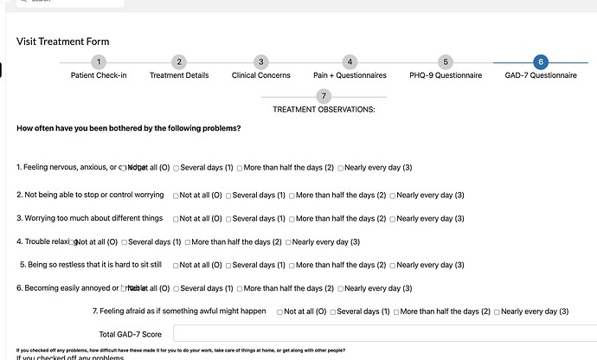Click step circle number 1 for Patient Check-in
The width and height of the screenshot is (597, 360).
tap(99, 61)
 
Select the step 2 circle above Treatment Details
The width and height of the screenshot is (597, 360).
tap(179, 61)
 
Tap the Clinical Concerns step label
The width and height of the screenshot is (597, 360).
tap(260, 75)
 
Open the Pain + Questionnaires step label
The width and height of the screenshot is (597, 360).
tap(350, 75)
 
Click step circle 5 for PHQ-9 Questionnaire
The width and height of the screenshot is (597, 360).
tap(446, 61)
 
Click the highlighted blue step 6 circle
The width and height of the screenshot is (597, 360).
tap(541, 61)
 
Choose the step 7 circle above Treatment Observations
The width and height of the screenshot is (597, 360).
tap(324, 96)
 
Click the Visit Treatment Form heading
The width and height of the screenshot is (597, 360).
tap(62, 42)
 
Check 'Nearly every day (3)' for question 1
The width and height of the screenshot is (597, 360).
tap(341, 168)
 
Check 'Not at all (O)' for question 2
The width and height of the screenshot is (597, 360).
tap(177, 196)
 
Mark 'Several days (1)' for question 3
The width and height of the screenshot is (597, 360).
tap(229, 219)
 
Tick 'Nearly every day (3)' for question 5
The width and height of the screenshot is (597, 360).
tap(393, 265)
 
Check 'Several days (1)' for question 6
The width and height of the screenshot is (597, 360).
tap(177, 288)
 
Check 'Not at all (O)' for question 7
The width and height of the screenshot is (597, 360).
tap(280, 311)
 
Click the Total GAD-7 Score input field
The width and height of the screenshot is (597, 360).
tap(381, 333)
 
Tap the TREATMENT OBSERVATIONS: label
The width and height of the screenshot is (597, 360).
tap(324, 110)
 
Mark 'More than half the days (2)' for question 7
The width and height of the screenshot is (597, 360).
tap(396, 311)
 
